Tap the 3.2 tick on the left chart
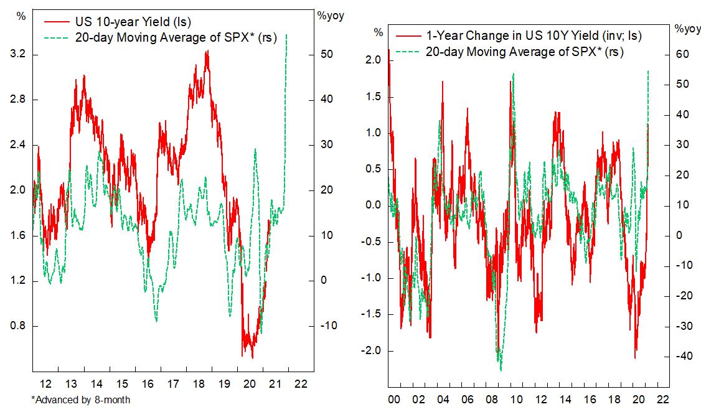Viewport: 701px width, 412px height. click(x=19, y=55)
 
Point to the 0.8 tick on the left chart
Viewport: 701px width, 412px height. click(x=19, y=326)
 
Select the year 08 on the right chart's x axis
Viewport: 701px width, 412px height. click(x=499, y=399)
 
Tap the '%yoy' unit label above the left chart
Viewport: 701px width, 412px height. click(x=330, y=16)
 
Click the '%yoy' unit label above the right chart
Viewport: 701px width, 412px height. click(x=687, y=29)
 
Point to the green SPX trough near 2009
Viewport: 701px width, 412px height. click(x=501, y=370)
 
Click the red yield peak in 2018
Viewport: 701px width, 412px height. click(x=207, y=52)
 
